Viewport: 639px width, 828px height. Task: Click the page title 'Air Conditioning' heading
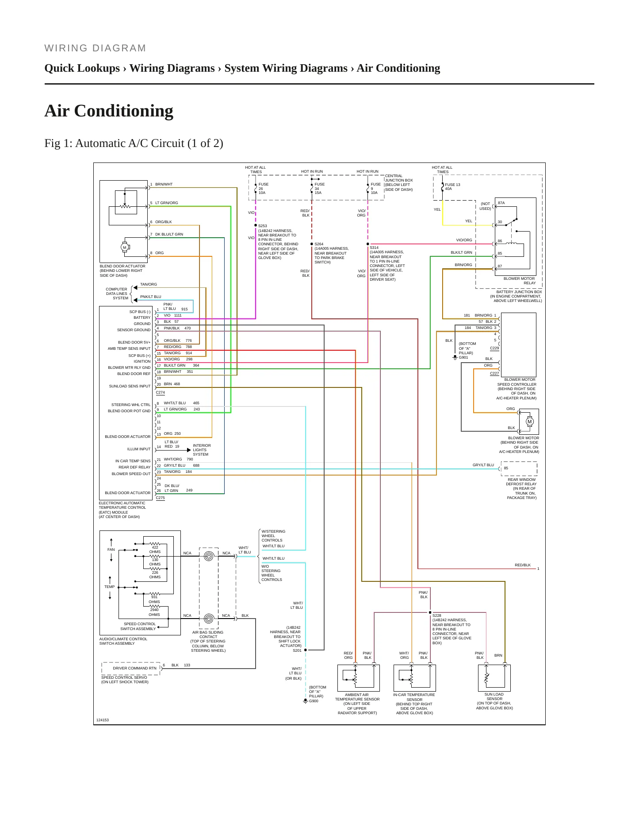pyautogui.click(x=109, y=111)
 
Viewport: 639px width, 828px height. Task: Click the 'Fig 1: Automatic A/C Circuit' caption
pyautogui.click(x=134, y=143)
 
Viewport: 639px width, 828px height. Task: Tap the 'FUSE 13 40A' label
pyautogui.click(x=452, y=187)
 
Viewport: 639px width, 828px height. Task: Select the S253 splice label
pyautogui.click(x=263, y=226)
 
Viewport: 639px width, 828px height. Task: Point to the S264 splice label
pyautogui.click(x=319, y=244)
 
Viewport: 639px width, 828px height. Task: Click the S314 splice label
pyautogui.click(x=374, y=248)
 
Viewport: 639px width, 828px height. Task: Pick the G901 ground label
pyautogui.click(x=463, y=357)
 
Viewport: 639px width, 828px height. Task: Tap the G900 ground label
pyautogui.click(x=314, y=701)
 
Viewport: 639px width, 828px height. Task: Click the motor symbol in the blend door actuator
pyautogui.click(x=125, y=248)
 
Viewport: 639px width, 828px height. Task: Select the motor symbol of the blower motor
pyautogui.click(x=530, y=422)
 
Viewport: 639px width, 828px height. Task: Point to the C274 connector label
pyautogui.click(x=160, y=392)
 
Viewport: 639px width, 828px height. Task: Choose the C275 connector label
pyautogui.click(x=160, y=498)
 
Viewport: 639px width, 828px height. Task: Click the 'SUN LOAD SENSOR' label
pyautogui.click(x=494, y=696)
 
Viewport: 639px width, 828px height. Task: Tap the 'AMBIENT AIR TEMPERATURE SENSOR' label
pyautogui.click(x=357, y=697)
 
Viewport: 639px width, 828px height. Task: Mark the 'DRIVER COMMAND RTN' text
pyautogui.click(x=134, y=668)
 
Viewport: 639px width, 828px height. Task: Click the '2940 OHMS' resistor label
pyautogui.click(x=154, y=612)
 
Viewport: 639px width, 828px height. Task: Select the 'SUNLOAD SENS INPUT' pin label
pyautogui.click(x=130, y=386)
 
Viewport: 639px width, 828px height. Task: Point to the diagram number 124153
pyautogui.click(x=103, y=720)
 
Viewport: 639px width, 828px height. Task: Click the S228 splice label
pyautogui.click(x=437, y=615)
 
